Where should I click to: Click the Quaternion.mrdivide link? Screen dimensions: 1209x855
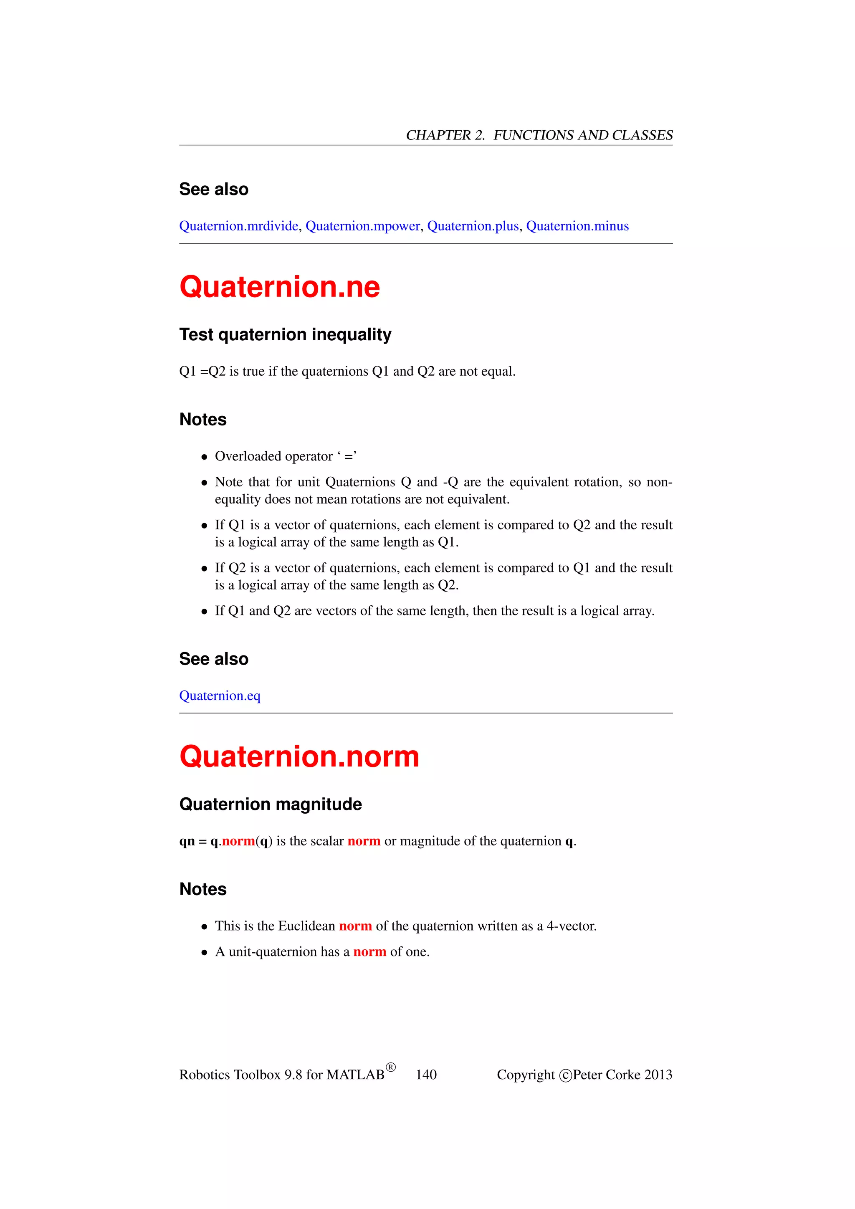click(x=238, y=226)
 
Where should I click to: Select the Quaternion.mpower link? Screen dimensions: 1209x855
click(x=363, y=226)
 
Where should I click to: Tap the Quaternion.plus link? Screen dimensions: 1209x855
click(x=473, y=226)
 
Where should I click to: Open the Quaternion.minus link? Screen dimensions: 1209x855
click(x=577, y=226)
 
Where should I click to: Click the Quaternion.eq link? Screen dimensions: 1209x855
click(x=220, y=696)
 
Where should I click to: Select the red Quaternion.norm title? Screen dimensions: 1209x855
click(x=298, y=757)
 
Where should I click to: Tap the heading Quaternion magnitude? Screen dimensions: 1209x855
click(x=270, y=804)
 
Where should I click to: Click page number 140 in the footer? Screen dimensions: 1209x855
click(x=426, y=1075)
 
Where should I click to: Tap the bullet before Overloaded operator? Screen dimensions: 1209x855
click(x=204, y=457)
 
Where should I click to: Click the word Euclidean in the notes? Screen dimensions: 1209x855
click(x=306, y=926)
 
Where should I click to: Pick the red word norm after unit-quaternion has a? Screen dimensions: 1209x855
click(x=369, y=952)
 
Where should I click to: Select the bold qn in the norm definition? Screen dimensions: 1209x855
click(x=187, y=842)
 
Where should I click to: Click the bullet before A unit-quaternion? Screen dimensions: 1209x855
click(x=204, y=953)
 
